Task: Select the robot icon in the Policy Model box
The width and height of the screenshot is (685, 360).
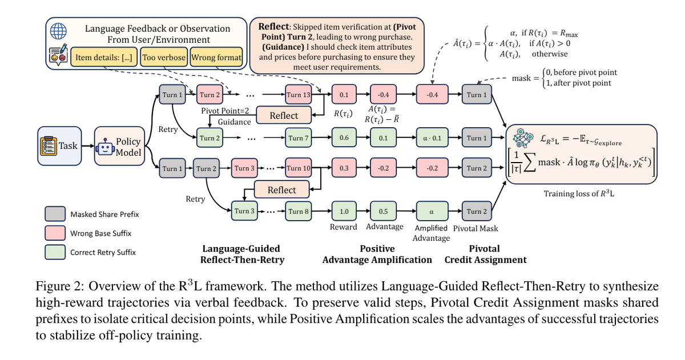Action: tap(106, 148)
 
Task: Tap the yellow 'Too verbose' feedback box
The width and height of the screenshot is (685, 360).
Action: tap(163, 57)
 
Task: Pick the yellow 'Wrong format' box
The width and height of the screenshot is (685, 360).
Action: tap(216, 57)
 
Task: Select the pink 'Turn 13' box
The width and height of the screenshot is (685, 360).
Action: tap(298, 95)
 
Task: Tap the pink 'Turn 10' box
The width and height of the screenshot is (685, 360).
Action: tap(298, 168)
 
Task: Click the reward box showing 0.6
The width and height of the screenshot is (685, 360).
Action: tap(344, 137)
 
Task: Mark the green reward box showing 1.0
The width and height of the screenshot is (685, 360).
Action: tap(344, 211)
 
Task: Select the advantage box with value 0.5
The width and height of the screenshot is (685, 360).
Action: tap(384, 211)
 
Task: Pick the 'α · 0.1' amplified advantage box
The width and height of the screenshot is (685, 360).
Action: tap(432, 137)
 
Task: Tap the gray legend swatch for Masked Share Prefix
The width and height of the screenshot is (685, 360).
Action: tap(54, 215)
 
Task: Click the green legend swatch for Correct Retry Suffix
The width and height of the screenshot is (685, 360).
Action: tap(54, 252)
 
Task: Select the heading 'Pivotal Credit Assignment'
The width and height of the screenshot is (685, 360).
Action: tap(485, 254)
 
